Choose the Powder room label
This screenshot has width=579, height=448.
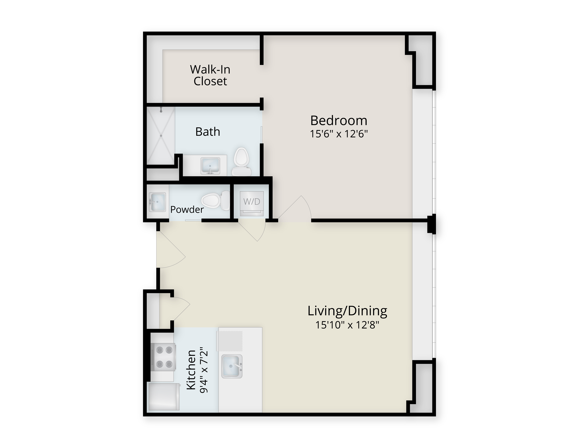click(x=187, y=210)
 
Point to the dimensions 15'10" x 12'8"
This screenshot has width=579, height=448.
click(x=347, y=325)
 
